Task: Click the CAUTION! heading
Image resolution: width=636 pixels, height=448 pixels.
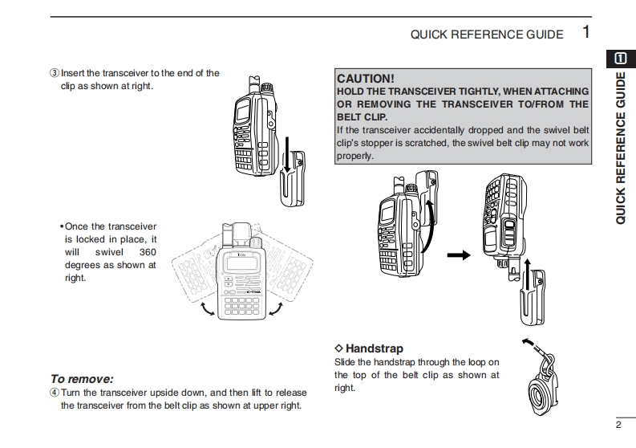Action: pos(366,79)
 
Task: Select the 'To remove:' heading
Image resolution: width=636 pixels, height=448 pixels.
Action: pos(82,378)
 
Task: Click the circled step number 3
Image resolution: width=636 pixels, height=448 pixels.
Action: pos(55,73)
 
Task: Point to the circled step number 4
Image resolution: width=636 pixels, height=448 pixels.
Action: pos(55,393)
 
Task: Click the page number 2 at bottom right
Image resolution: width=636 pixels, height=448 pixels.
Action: pos(618,425)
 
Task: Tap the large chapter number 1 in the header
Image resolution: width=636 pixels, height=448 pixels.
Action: pos(586,33)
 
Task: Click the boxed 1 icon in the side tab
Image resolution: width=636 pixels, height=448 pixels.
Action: pos(621,58)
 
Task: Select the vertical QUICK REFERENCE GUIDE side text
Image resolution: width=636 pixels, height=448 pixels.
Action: pos(621,148)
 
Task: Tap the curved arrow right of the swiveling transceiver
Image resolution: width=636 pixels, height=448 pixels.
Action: pos(277,307)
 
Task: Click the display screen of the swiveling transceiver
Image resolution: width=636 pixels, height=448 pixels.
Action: pos(241,264)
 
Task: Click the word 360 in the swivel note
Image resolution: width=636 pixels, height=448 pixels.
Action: pos(148,251)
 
